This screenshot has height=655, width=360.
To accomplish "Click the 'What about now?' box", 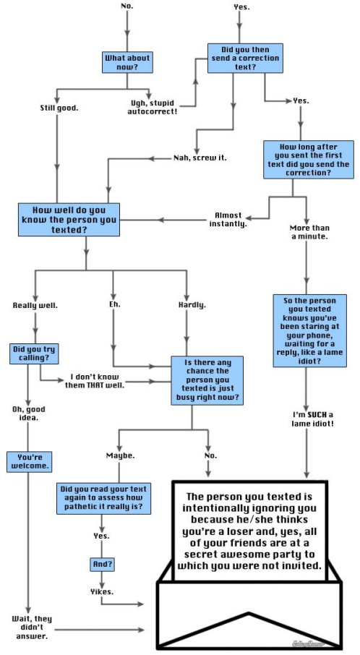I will pos(127,62).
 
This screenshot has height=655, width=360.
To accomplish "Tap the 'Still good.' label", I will pos(59,108).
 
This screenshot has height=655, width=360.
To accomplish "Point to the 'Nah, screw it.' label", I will pos(200,158).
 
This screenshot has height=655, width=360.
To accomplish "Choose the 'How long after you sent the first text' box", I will pos(307,160).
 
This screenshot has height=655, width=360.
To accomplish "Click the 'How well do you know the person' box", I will pos(69,219).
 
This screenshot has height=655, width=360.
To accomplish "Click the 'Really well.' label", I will pos(35,305).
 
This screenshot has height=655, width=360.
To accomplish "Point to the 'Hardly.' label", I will pos(192,304).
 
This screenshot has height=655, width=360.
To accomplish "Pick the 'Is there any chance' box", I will pos(207,380).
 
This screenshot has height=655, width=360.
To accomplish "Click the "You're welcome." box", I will pos(29,461).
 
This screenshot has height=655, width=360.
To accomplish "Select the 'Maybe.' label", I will pos(120,455).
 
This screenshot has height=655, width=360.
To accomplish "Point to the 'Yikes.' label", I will pos(101,591).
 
